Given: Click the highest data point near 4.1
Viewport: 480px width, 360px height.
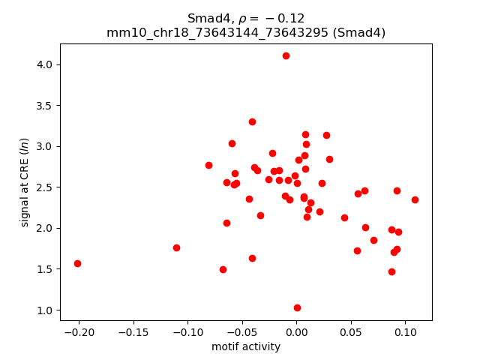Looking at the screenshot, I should pyautogui.click(x=286, y=55).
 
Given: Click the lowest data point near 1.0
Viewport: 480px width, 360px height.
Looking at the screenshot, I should pyautogui.click(x=297, y=307).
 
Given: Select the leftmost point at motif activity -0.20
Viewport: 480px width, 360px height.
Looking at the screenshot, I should pyautogui.click(x=77, y=263).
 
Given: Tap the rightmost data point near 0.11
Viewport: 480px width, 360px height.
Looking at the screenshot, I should pyautogui.click(x=415, y=199).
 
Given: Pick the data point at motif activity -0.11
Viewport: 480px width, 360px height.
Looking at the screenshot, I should pyautogui.click(x=176, y=247).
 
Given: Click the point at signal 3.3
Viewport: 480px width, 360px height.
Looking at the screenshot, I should pyautogui.click(x=252, y=121).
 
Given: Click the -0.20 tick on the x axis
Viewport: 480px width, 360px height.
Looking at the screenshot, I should pyautogui.click(x=79, y=320).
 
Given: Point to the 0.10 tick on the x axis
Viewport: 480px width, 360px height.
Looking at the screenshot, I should pyautogui.click(x=405, y=320).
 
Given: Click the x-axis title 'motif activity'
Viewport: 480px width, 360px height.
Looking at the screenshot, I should pyautogui.click(x=246, y=346).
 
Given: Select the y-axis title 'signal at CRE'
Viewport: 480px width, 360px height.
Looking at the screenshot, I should pyautogui.click(x=25, y=182).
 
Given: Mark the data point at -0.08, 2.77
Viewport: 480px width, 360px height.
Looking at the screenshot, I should pyautogui.click(x=208, y=165).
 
